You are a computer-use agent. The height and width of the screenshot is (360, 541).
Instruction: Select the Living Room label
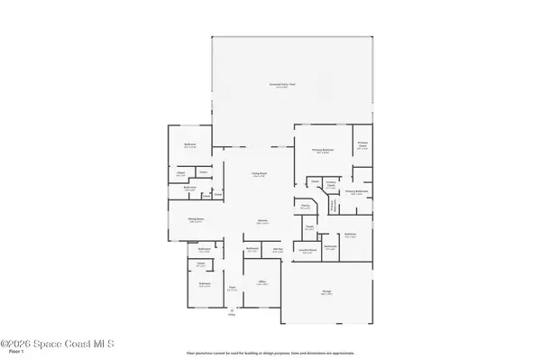tap(258, 175)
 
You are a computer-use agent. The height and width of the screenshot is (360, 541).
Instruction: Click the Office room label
tap(262, 282)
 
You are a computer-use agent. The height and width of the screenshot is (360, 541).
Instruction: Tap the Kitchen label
tap(264, 220)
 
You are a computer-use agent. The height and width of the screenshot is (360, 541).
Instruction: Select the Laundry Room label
tap(307, 252)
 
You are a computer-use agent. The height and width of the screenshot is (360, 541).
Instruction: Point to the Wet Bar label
tap(280, 249)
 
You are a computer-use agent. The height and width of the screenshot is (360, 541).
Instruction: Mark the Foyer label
tap(232, 288)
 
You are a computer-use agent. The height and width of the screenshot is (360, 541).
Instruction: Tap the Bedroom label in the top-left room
tap(190, 145)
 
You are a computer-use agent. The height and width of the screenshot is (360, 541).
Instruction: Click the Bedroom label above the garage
tap(350, 234)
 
